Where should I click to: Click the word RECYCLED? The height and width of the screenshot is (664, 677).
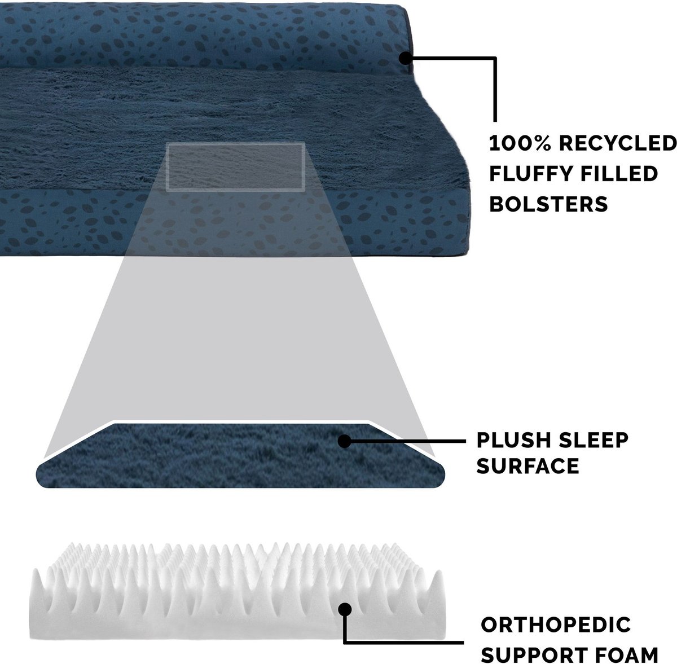[618, 143]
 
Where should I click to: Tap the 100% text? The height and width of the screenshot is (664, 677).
[520, 143]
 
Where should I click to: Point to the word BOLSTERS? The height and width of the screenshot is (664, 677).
[548, 204]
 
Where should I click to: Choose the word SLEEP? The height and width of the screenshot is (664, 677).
[594, 440]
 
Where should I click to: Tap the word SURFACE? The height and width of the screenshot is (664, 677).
[527, 466]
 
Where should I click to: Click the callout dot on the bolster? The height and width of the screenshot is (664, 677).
[406, 58]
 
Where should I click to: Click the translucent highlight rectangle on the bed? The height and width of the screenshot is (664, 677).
[235, 167]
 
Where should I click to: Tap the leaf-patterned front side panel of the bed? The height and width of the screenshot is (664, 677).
[235, 223]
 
